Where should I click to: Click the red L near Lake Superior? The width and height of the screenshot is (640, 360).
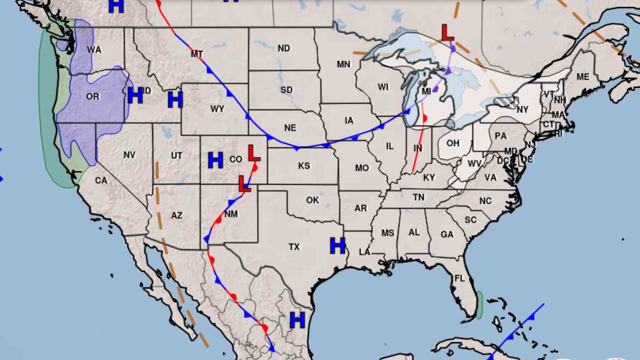447,33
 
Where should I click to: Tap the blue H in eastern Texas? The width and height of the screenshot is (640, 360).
337,246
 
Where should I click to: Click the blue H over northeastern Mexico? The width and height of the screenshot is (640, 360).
297,320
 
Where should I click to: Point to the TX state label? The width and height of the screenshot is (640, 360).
294,247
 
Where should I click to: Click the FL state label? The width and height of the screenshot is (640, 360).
459,278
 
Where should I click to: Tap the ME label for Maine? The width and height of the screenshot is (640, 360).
583,77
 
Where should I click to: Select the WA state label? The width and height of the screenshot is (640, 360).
94,50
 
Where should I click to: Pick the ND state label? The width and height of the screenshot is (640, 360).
284,48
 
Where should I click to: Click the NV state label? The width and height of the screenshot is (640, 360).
129,155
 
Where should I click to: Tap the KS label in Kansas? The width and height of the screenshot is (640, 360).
304,166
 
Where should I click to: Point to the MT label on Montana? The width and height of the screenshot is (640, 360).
197,54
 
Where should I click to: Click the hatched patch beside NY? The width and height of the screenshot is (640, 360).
506,102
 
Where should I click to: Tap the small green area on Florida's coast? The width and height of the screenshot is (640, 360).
479,305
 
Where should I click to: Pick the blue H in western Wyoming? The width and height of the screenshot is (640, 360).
175,100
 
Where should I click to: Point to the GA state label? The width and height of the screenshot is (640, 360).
447,235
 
